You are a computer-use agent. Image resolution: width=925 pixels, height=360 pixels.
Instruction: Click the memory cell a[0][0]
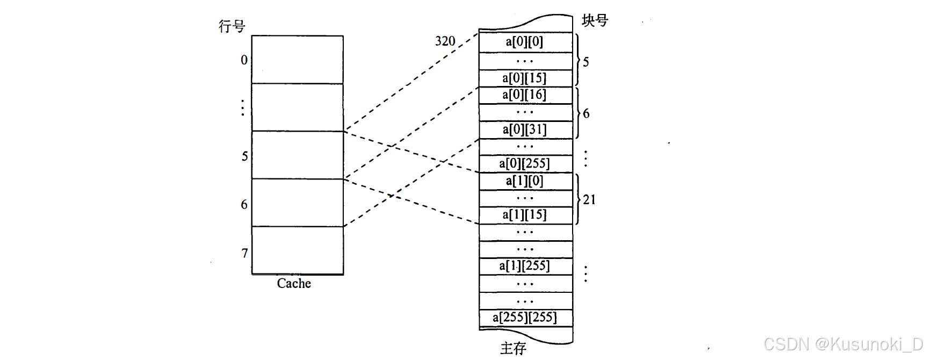(x=525, y=42)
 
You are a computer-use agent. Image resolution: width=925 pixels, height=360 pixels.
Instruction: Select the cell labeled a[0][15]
(x=525, y=78)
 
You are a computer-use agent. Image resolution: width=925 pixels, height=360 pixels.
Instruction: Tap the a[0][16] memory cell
(x=525, y=95)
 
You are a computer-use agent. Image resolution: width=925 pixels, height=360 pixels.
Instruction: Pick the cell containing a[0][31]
(x=525, y=129)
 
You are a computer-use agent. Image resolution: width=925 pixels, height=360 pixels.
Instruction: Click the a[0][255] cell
(x=525, y=163)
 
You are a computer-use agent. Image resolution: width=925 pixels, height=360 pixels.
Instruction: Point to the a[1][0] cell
(x=525, y=181)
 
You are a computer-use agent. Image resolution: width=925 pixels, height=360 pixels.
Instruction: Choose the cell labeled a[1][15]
(x=525, y=215)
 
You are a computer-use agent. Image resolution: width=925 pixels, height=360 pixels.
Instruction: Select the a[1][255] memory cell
(x=525, y=266)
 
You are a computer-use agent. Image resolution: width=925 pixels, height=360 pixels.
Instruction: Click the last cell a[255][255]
(x=525, y=318)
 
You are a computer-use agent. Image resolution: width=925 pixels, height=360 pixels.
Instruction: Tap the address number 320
(x=445, y=41)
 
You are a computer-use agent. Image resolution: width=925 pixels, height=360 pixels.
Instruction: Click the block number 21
(x=589, y=200)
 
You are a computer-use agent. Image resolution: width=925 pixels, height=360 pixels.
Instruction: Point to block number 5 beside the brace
(x=586, y=62)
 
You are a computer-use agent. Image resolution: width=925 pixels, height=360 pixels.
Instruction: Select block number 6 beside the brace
(x=586, y=114)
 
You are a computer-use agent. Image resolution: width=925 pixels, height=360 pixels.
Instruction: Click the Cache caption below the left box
(x=294, y=284)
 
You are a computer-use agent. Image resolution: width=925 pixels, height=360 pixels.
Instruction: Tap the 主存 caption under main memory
(x=513, y=348)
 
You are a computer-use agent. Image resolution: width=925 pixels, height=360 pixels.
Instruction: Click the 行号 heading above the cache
(x=232, y=26)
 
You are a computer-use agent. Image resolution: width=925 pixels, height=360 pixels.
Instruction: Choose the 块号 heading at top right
(x=595, y=20)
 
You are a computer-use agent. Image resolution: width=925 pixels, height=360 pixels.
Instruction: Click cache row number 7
(x=244, y=253)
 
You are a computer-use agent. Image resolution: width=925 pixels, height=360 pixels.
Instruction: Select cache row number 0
(x=244, y=60)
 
